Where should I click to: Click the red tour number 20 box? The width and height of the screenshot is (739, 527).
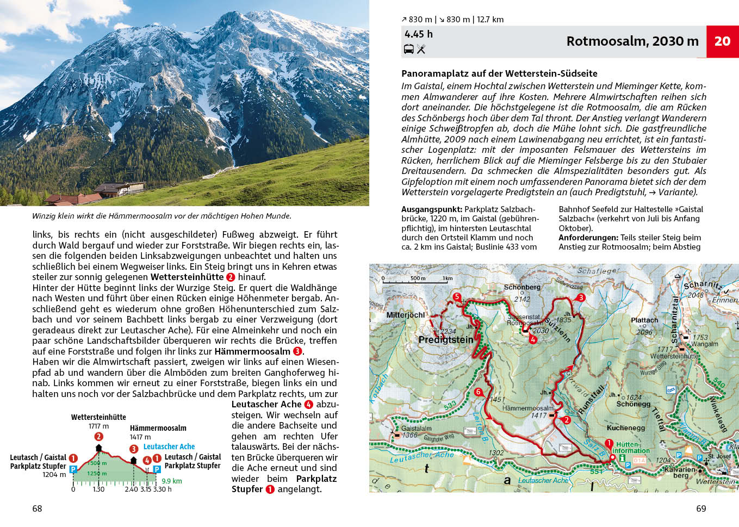point(722,41)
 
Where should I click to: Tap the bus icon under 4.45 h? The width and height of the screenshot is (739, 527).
point(408,49)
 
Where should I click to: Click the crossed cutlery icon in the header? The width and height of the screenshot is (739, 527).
point(421,49)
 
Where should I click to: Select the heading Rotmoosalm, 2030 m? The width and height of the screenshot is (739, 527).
point(632,41)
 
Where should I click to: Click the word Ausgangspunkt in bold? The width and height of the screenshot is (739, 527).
point(432,209)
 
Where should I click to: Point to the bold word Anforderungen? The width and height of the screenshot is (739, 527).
point(588,238)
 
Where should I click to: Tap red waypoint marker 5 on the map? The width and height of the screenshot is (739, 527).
point(457,297)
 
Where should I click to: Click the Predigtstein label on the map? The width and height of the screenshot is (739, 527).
point(446,340)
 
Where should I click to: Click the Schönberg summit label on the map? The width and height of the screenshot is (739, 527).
point(522,287)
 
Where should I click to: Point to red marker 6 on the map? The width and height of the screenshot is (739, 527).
point(479,392)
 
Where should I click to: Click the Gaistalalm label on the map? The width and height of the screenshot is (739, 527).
point(416,429)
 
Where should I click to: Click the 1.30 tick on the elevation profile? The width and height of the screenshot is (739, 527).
point(98,489)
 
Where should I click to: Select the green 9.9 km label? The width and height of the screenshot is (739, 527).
point(172,481)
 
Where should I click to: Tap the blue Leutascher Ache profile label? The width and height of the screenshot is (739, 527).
point(169,447)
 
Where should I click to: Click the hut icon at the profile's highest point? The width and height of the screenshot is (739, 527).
point(98,448)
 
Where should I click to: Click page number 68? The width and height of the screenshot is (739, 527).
point(37,509)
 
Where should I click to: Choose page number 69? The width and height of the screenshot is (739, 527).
point(701,509)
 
